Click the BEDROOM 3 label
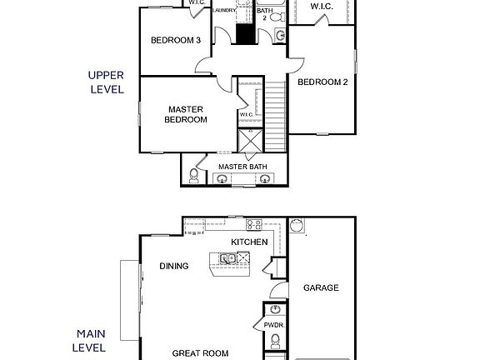click(x=176, y=40)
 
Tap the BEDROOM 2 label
click(x=322, y=82)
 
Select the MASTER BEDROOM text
click(x=187, y=114)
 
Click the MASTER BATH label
click(x=242, y=167)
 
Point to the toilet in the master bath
click(x=194, y=175)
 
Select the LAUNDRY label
click(x=224, y=10)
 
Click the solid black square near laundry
click(x=244, y=34)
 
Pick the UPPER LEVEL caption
click(x=106, y=82)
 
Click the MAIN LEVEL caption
click(x=89, y=338)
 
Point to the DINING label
click(x=173, y=267)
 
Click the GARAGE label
click(x=320, y=288)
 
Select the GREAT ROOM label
click(x=200, y=353)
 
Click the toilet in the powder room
click(x=275, y=340)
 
